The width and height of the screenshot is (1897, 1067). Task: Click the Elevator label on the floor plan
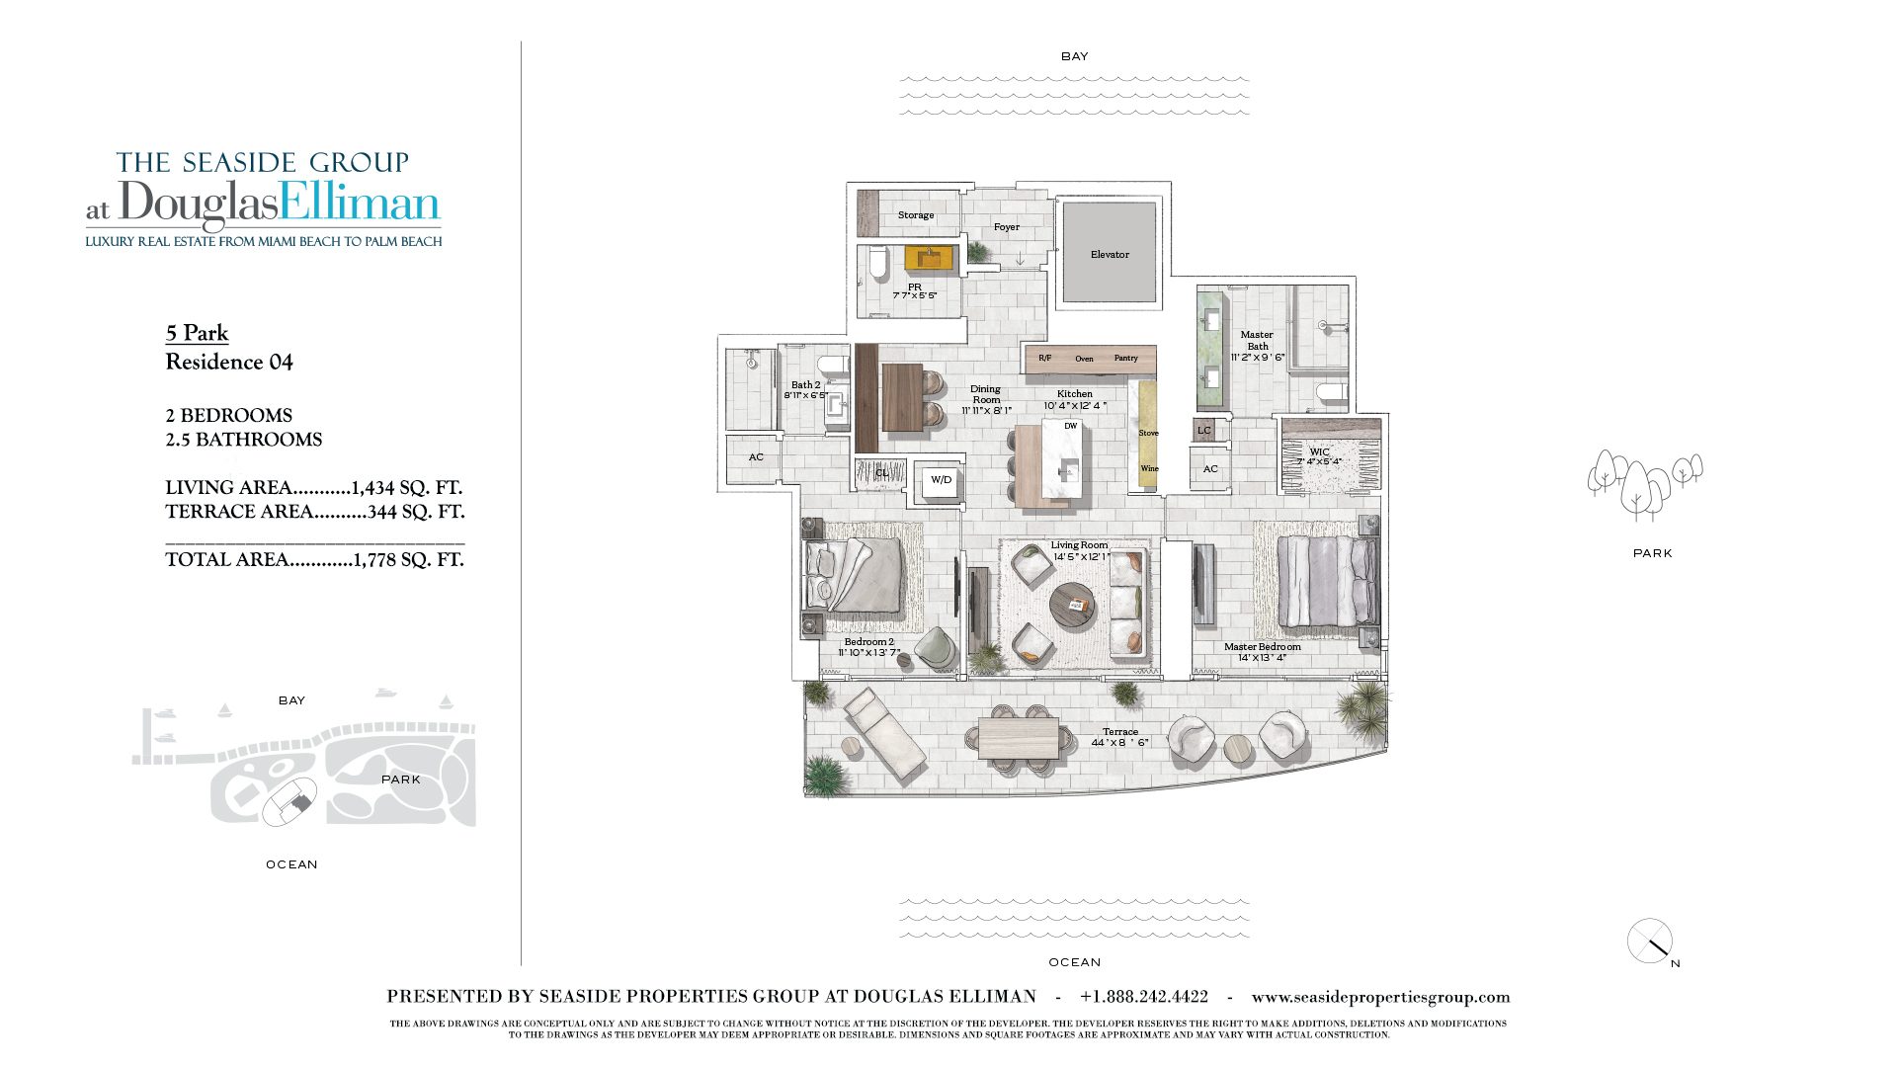[1110, 255]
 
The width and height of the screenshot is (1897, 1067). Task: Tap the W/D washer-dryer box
[941, 480]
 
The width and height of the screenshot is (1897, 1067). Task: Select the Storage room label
[915, 215]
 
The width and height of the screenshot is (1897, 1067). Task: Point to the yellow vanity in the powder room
[931, 259]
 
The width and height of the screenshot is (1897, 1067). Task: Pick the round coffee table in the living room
[1073, 605]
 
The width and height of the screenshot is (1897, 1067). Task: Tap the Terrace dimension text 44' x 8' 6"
[1119, 743]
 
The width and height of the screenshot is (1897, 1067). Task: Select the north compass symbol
[1650, 942]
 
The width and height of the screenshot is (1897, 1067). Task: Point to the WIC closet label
[1319, 452]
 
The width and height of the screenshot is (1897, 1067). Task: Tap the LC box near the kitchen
[1203, 431]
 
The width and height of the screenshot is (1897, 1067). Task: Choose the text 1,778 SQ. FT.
[408, 560]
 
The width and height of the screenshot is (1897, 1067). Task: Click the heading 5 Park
[197, 333]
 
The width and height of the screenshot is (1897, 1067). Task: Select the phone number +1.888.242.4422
[1143, 997]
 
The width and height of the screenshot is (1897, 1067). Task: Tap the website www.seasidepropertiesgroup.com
[1380, 997]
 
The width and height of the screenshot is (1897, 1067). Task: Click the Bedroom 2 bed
[856, 576]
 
